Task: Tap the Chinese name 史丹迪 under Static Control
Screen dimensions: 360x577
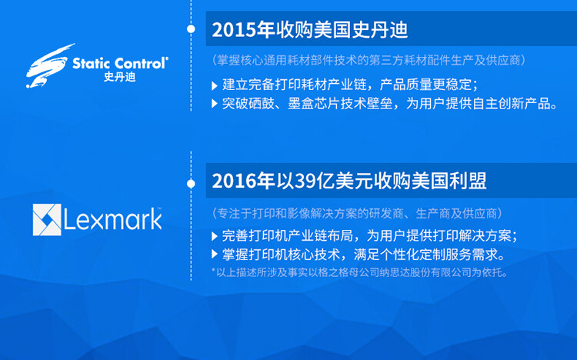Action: (118, 78)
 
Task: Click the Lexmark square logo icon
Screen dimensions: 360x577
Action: (46, 219)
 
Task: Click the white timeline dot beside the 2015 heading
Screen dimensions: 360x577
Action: (191, 29)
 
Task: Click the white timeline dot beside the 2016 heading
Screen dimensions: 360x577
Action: (191, 183)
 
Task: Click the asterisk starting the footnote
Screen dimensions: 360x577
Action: (213, 272)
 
